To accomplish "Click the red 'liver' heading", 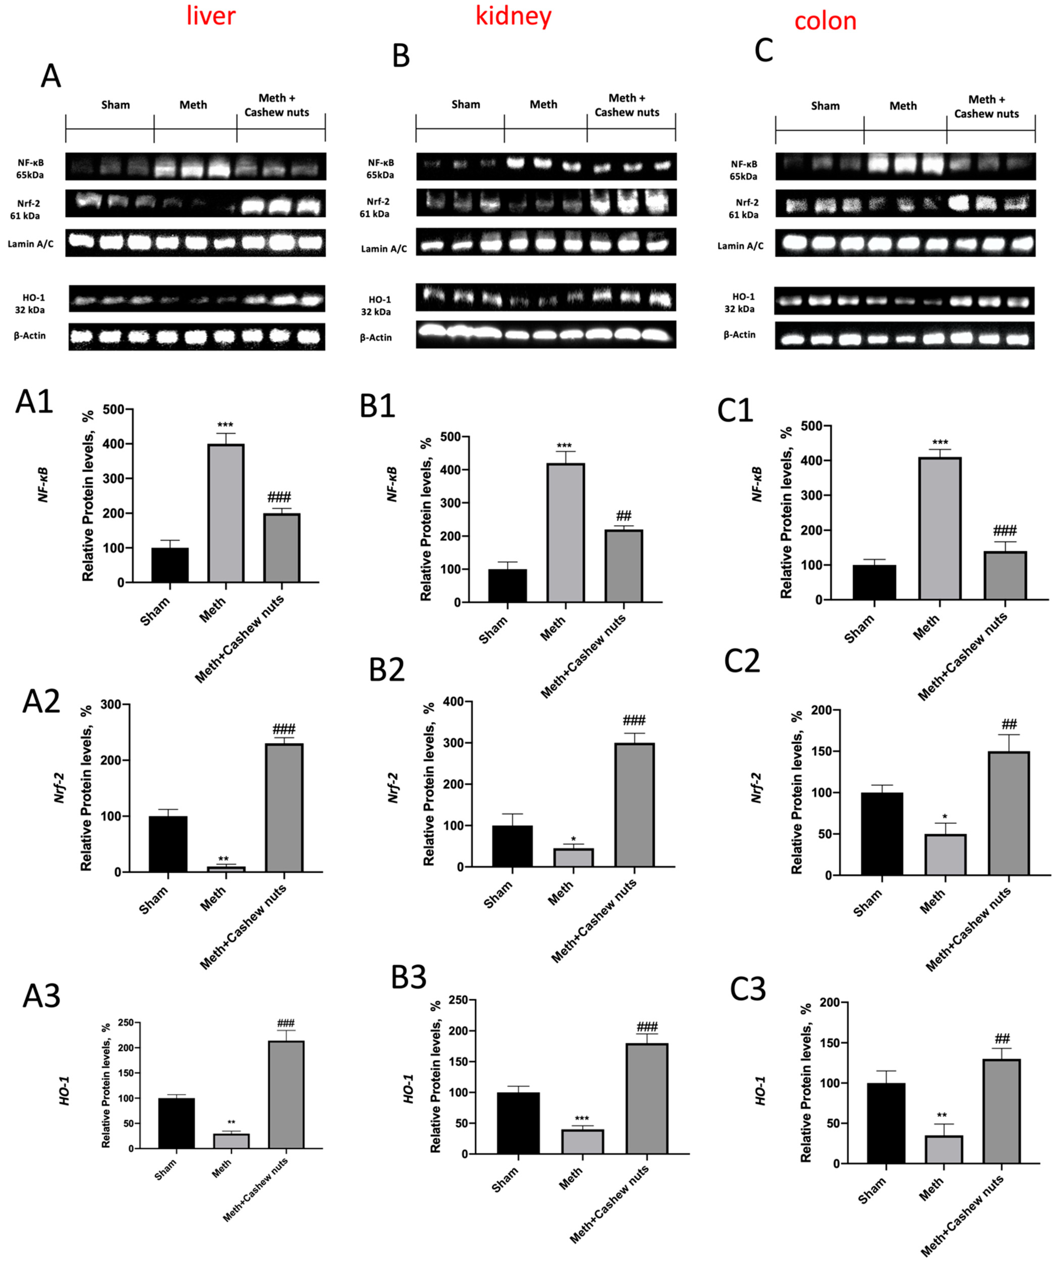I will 211,16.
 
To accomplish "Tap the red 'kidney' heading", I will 513,16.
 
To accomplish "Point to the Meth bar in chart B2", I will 573,858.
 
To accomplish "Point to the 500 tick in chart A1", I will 113,409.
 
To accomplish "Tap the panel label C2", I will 742,661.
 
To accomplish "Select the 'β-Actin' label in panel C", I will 740,335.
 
